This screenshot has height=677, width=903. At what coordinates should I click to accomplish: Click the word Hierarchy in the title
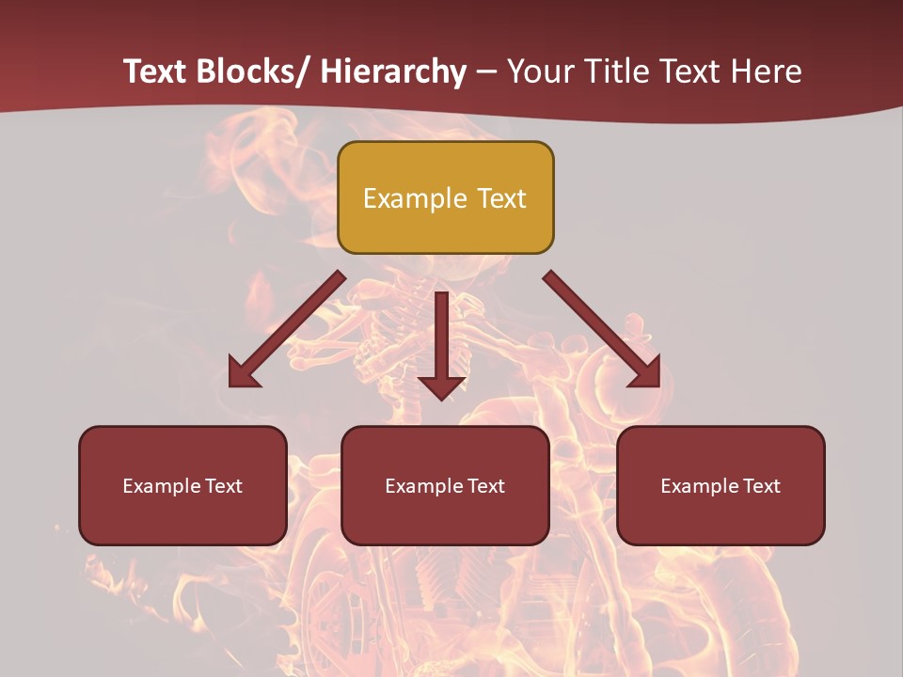[x=393, y=71]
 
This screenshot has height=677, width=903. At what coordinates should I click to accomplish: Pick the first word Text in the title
[x=157, y=71]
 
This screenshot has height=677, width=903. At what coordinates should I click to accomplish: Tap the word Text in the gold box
[x=500, y=199]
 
